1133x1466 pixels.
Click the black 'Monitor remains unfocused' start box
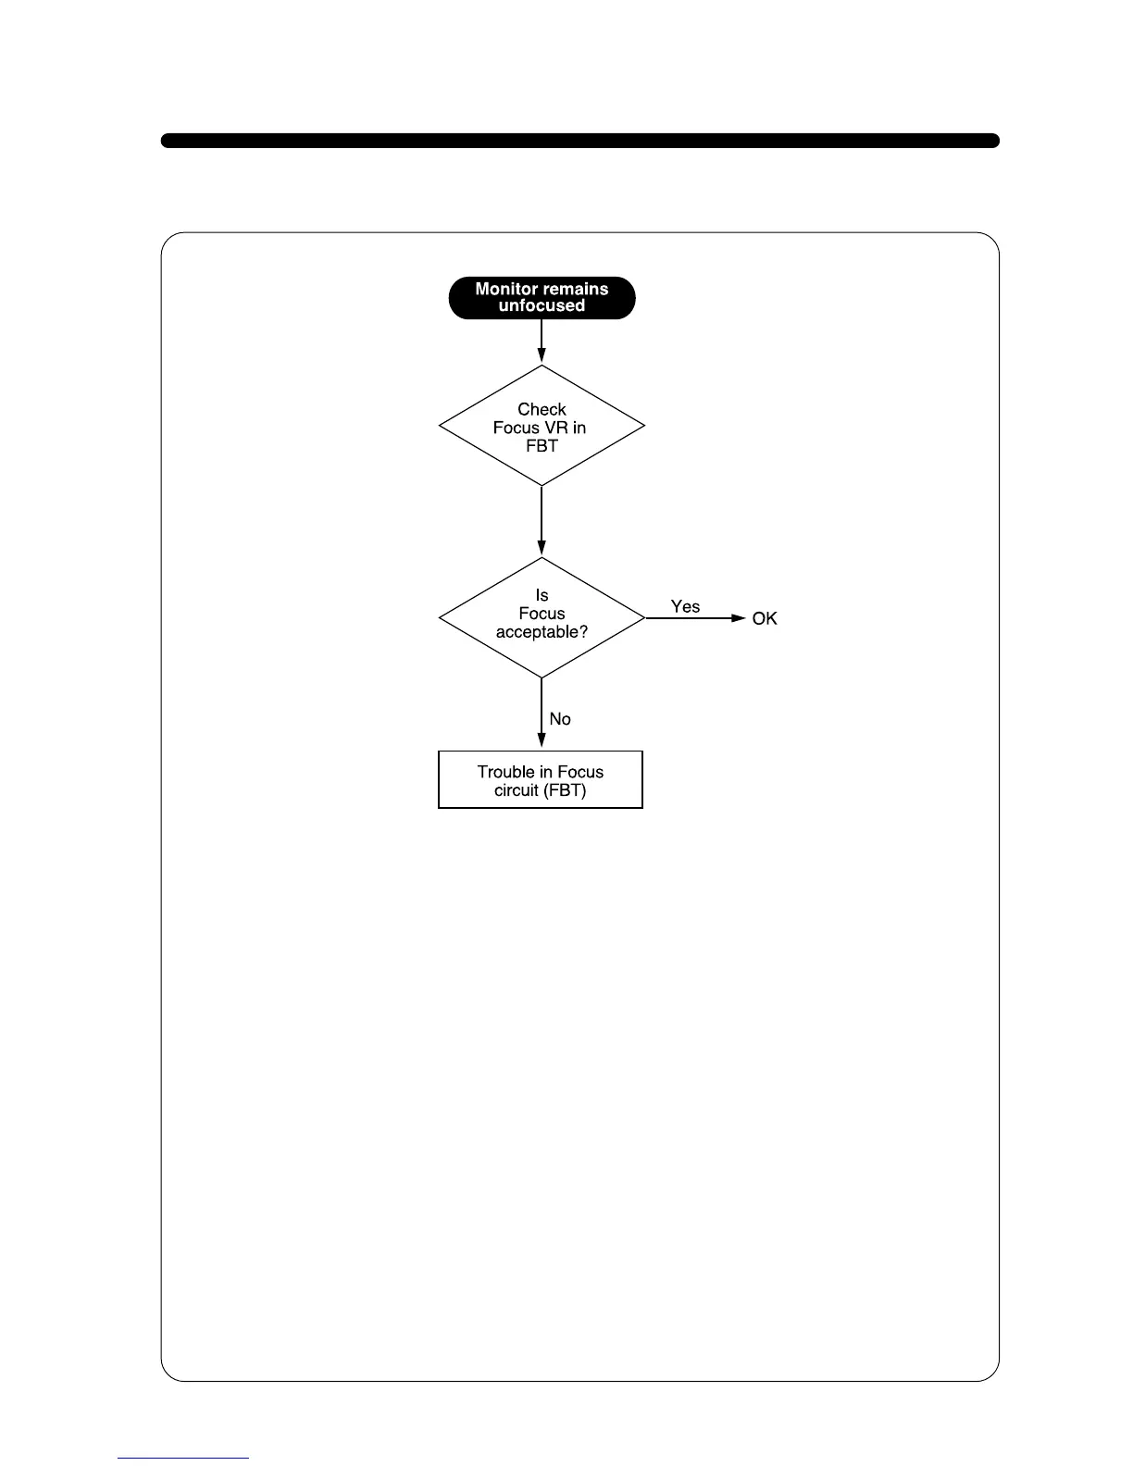click(542, 298)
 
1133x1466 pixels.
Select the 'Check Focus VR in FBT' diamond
click(542, 426)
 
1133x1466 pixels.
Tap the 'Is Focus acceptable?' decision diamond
click(542, 617)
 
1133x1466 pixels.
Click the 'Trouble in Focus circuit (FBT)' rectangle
click(541, 780)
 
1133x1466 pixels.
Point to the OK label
click(765, 618)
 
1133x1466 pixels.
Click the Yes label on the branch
click(685, 606)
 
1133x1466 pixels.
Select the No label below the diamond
click(560, 719)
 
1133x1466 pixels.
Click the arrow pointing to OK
click(694, 618)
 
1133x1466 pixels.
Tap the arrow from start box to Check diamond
click(542, 342)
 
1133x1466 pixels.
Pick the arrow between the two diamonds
click(542, 521)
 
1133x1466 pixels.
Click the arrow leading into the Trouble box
click(542, 714)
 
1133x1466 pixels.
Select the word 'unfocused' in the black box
click(542, 306)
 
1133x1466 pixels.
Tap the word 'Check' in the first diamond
click(542, 409)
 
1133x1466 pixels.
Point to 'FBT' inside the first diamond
click(542, 445)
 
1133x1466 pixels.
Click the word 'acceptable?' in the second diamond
click(542, 632)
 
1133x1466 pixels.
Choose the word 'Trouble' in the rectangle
click(505, 772)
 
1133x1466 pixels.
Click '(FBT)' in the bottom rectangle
click(565, 790)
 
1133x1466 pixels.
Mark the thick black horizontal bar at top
click(580, 141)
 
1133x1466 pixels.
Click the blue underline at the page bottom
click(183, 1458)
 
